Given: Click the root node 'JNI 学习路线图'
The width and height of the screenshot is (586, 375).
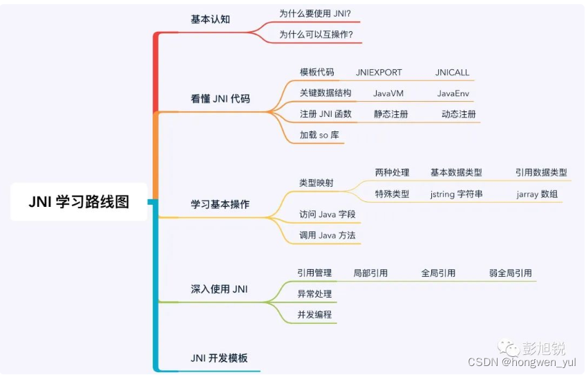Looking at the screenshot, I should (79, 202).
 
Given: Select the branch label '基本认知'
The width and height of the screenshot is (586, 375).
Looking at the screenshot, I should (210, 19).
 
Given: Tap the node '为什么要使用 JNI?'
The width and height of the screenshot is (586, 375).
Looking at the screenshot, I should (315, 13).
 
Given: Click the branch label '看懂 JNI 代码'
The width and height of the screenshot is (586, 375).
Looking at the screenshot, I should (220, 99).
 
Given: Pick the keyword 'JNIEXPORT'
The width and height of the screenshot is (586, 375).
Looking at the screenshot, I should (379, 73).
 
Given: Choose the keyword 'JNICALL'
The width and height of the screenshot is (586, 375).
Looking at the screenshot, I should (452, 73).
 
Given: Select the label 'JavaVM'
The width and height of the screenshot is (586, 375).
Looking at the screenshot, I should (388, 93).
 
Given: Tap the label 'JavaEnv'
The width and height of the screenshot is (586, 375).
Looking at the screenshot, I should (453, 93).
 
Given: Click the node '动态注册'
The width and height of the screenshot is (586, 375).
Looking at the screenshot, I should (459, 114).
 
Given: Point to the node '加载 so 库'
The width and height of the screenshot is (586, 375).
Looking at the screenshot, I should (319, 135).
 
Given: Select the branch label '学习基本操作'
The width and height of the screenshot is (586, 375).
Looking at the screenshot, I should (220, 205).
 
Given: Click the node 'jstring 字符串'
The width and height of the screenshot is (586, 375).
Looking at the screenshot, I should (456, 194).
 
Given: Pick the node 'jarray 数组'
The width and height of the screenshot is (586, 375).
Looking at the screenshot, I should (537, 194).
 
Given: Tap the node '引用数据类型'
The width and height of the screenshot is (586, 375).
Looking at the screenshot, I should (541, 173).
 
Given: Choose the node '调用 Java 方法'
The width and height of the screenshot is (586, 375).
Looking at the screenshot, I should (328, 235).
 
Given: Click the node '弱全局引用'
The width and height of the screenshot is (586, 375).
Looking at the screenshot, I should (511, 273).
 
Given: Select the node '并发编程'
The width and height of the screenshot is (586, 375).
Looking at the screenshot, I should (314, 314).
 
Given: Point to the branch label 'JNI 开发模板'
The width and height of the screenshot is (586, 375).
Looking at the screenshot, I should (219, 358).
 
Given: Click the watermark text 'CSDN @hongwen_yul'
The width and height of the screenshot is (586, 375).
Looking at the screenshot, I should (522, 362).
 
